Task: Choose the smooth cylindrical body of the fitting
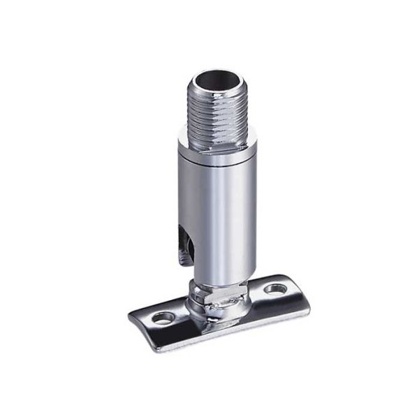pos(209,209)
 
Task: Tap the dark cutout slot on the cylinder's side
pos(184,241)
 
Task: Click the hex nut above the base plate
pos(221,294)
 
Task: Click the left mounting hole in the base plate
pos(165,318)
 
